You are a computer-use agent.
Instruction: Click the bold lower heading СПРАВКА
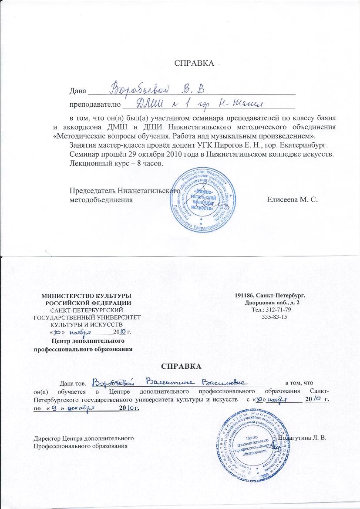pyautogui.click(x=180, y=365)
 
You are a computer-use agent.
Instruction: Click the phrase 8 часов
pyautogui.click(x=147, y=164)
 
